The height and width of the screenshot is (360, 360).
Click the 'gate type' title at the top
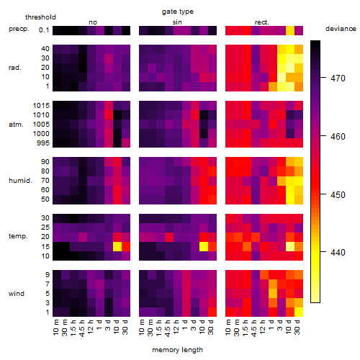(x=178, y=12)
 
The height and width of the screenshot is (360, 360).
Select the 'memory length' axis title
(x=177, y=350)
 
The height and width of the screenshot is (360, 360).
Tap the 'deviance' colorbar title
(x=341, y=29)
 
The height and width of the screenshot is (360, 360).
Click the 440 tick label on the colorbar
(x=338, y=252)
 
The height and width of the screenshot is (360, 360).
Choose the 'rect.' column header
(x=261, y=22)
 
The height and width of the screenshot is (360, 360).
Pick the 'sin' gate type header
(x=177, y=22)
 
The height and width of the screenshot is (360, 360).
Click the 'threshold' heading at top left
(x=40, y=17)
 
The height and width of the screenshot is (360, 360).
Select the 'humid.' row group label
(x=20, y=181)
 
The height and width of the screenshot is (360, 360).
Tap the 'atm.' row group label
(x=16, y=125)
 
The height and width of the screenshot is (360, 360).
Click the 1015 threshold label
(x=41, y=106)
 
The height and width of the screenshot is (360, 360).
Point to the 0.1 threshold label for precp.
(x=44, y=30)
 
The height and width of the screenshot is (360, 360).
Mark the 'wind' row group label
(x=17, y=294)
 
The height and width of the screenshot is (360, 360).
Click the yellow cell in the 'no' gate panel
(x=117, y=246)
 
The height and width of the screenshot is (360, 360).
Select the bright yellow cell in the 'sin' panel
(x=204, y=246)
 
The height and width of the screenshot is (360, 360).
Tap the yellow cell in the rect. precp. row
(x=290, y=30)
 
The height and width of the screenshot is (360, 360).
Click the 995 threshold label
(x=43, y=143)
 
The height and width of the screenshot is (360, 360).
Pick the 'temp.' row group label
(x=18, y=236)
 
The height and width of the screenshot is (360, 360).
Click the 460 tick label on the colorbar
(x=338, y=137)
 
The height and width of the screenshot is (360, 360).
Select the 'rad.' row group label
(x=15, y=68)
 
